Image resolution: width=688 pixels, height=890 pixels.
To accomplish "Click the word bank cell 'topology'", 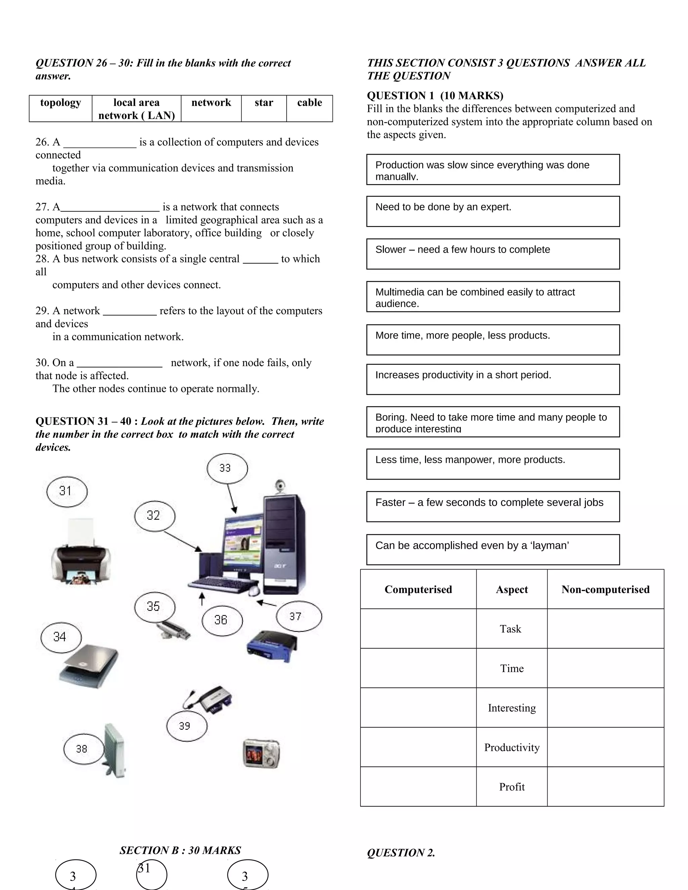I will tap(60, 108).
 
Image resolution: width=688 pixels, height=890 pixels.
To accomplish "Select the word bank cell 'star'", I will tap(264, 108).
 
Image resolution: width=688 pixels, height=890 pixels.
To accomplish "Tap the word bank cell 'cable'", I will tap(309, 108).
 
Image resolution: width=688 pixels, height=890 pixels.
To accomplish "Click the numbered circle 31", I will tap(67, 491).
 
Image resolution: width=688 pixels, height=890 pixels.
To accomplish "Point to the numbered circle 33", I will tap(227, 468).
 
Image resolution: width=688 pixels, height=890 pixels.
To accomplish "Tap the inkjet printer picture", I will tap(81, 553).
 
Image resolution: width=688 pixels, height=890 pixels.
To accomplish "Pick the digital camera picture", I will tap(261, 753).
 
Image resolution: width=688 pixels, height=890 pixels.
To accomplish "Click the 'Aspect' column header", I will tap(512, 589).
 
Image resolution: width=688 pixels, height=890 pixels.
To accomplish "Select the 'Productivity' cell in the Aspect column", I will tap(512, 747).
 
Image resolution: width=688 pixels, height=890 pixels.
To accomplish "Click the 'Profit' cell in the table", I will tap(512, 787).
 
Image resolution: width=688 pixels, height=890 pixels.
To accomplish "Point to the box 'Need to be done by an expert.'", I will tap(493, 211).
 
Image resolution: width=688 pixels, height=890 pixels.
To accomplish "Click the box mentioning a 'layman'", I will tap(493, 549).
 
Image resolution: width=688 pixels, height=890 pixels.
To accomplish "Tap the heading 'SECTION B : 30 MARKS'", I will tap(180, 850).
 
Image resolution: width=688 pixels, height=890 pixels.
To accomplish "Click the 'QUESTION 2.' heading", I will tap(401, 852).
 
